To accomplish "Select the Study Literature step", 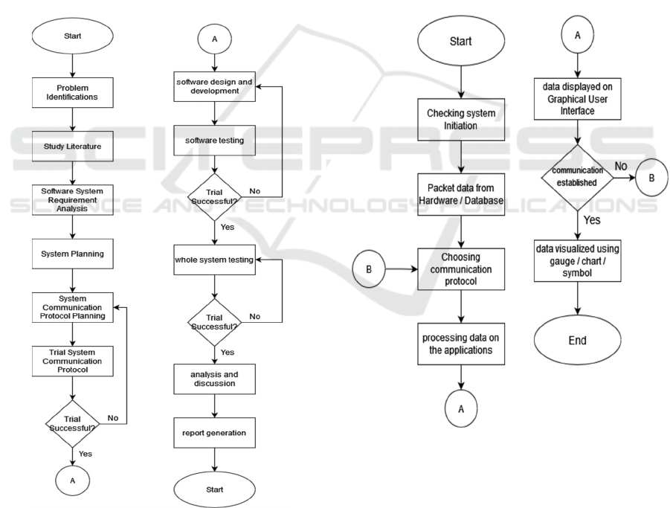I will [71, 147].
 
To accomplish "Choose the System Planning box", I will [71, 254].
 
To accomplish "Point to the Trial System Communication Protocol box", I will [71, 360].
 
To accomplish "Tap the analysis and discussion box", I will [214, 379].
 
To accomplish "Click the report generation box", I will [214, 431].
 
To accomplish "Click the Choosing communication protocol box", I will [461, 269].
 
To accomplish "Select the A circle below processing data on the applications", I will [461, 410].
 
